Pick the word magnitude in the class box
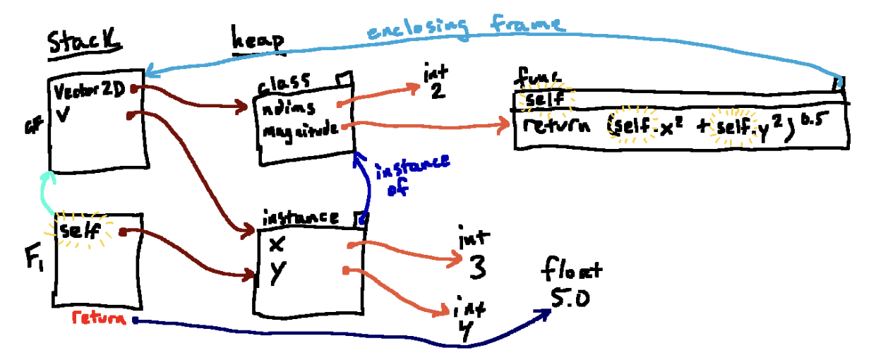click(x=297, y=131)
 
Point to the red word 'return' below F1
click(x=100, y=318)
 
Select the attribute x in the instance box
click(x=276, y=244)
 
